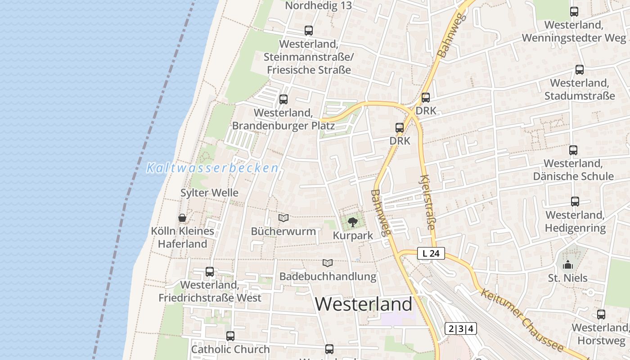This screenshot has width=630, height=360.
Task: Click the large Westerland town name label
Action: click(364, 304)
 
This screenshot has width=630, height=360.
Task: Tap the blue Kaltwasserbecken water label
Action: click(212, 168)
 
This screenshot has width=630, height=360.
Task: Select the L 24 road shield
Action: click(431, 253)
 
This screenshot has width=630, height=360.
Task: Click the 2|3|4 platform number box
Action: click(460, 328)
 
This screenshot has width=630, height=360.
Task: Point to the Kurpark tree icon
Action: click(353, 221)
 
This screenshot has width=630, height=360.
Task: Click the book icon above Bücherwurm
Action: click(283, 218)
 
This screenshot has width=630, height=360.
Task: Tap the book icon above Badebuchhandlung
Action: click(328, 263)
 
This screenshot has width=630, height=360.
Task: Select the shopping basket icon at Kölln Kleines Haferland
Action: click(182, 218)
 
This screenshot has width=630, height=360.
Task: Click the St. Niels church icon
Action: click(568, 265)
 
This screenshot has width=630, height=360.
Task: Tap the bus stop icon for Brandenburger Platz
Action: click(283, 99)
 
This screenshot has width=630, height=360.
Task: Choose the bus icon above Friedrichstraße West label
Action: click(210, 271)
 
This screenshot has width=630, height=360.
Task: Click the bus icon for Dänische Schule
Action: click(573, 150)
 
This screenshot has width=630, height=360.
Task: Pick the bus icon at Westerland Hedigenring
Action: click(575, 201)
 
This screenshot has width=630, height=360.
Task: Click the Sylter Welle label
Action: click(209, 193)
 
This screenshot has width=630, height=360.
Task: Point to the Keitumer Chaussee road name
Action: click(522, 320)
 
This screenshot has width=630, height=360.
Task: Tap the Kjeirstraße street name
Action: click(428, 202)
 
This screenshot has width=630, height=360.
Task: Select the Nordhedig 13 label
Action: click(318, 6)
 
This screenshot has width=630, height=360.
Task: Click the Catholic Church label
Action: click(230, 349)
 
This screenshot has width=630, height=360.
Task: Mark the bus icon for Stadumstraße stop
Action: click(580, 70)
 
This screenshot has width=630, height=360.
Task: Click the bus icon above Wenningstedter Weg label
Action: click(574, 12)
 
